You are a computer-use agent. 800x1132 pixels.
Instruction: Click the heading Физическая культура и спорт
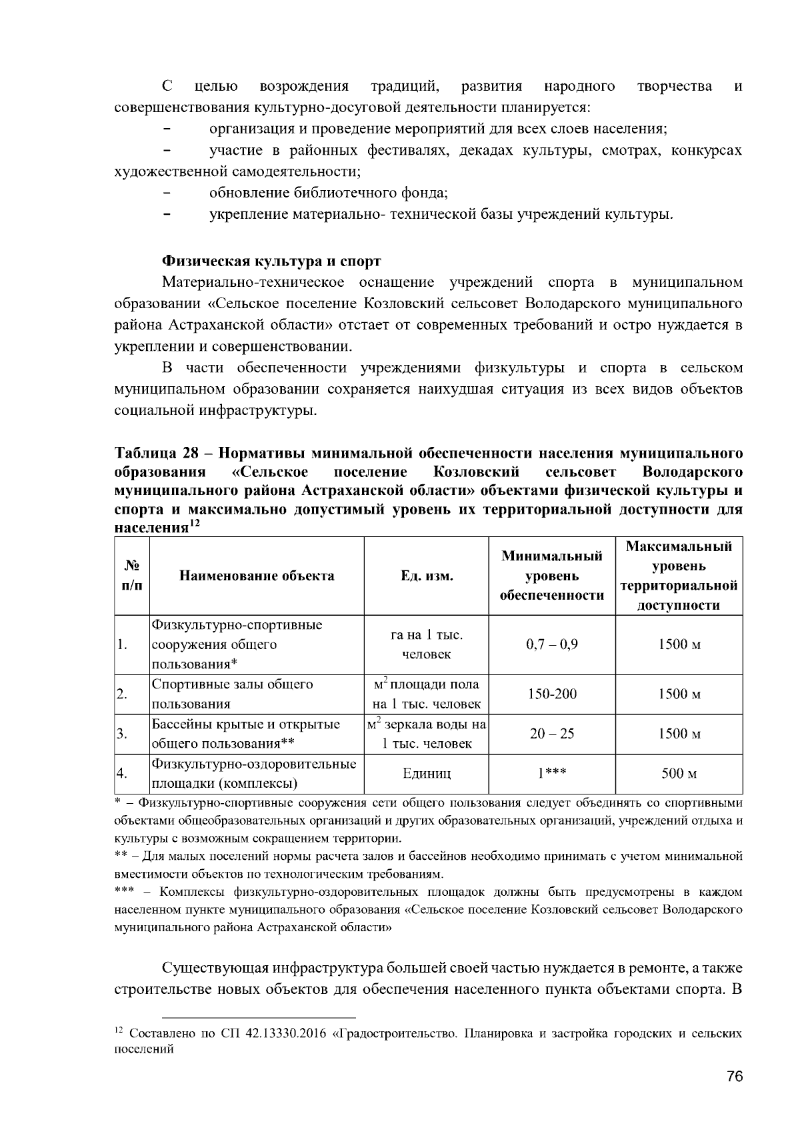pyautogui.click(x=272, y=260)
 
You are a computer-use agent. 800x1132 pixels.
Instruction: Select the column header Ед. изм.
pyautogui.click(x=427, y=576)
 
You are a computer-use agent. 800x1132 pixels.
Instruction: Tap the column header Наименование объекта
pyautogui.click(x=257, y=576)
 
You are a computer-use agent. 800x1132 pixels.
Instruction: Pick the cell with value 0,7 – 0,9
pyautogui.click(x=552, y=644)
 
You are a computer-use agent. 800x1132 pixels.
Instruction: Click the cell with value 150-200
pyautogui.click(x=552, y=694)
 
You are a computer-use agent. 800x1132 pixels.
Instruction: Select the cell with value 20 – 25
pyautogui.click(x=552, y=734)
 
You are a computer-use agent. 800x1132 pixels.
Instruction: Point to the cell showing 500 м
pyautogui.click(x=679, y=774)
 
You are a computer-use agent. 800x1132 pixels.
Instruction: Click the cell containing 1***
pyautogui.click(x=552, y=774)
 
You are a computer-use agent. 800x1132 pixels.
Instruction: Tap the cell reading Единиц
pyautogui.click(x=427, y=774)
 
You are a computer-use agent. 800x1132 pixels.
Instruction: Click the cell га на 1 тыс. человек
pyautogui.click(x=427, y=644)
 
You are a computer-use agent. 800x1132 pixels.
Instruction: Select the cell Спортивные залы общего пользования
pyautogui.click(x=233, y=694)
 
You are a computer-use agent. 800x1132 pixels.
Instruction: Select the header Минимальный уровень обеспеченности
pyautogui.click(x=552, y=576)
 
